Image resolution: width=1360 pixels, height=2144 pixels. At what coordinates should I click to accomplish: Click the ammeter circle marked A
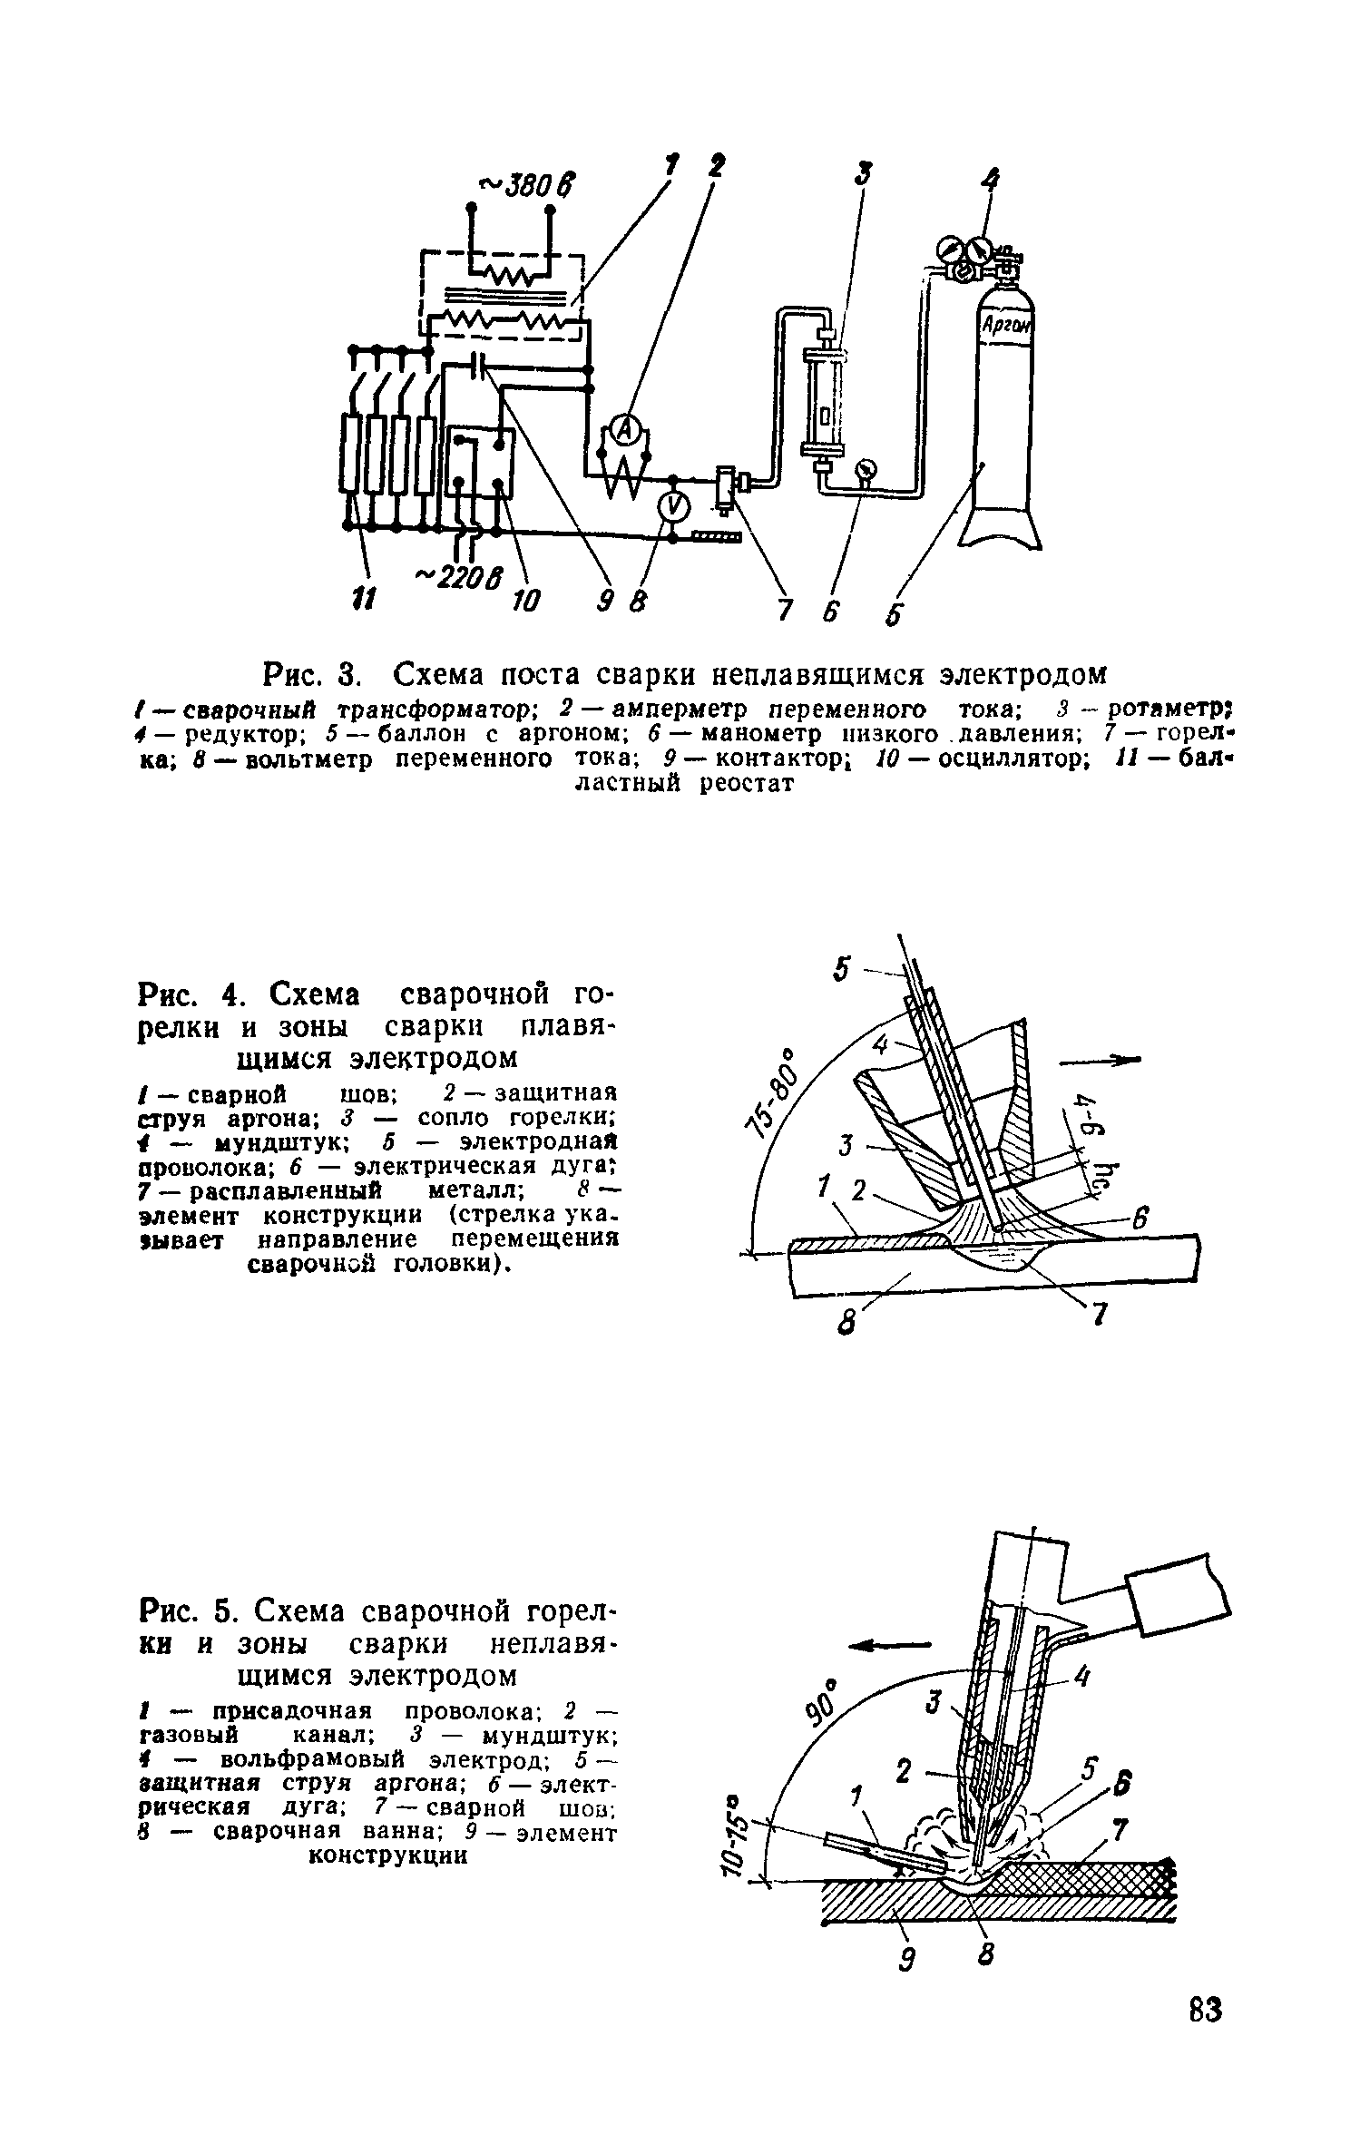pyautogui.click(x=623, y=433)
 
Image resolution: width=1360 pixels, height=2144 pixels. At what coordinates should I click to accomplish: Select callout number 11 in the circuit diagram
pyautogui.click(x=363, y=600)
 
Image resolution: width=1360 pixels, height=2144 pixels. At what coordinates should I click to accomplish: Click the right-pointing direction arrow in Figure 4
pyautogui.click(x=1101, y=1059)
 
